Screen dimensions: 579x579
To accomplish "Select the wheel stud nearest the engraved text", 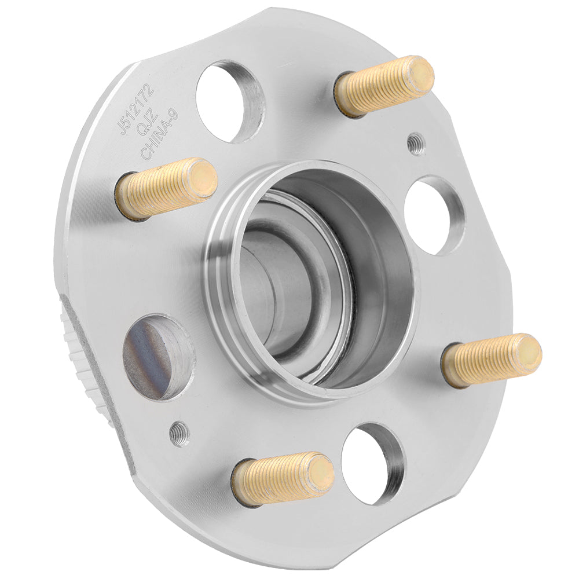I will click(167, 188).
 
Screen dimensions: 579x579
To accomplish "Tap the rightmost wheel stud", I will click(492, 360).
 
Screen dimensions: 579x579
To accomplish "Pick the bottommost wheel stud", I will click(283, 478).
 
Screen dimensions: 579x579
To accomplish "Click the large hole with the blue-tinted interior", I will click(155, 357).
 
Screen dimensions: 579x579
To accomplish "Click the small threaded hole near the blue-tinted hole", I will click(179, 433).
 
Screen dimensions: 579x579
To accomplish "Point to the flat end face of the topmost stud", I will click(420, 74).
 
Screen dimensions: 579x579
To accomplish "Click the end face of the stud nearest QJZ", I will click(203, 177).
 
